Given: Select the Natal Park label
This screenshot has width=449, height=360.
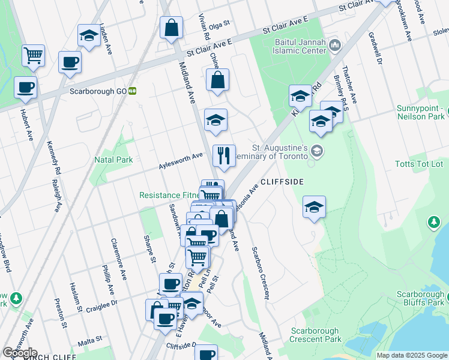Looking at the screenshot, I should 113,160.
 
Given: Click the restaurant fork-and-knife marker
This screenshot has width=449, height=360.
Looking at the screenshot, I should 224,156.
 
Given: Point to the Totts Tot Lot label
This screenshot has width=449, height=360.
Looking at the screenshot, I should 418,164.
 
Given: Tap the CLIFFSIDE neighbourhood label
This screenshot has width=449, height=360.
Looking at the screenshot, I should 282,181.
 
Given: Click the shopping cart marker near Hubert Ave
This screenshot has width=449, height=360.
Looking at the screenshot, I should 34,56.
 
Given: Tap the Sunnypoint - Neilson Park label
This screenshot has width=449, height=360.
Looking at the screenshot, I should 420,112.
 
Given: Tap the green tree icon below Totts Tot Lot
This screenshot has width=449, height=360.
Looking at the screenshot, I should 433,223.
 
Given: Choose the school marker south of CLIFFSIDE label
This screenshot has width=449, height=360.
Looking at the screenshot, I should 314,207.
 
